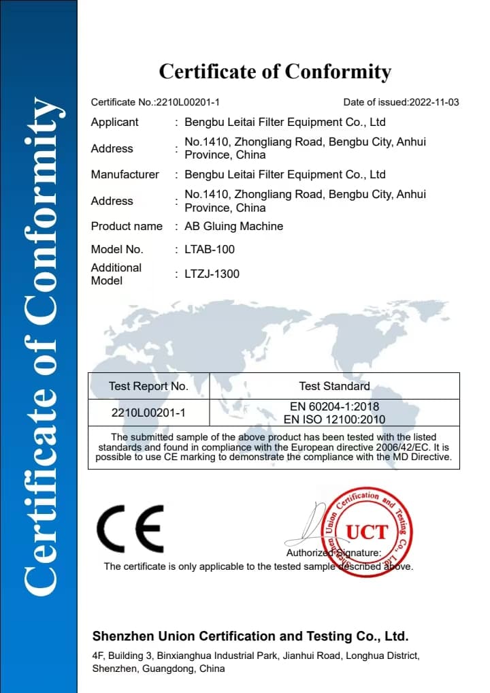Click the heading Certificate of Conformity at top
point(275,71)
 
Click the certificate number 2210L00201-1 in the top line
point(188,102)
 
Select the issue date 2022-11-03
point(434,102)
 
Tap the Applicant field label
point(114,123)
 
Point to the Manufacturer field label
point(125,175)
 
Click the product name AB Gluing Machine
point(233,227)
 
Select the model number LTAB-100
point(210,250)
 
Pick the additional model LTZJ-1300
point(212,274)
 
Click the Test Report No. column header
point(148,387)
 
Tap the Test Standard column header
point(334,387)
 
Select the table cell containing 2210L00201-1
point(148,413)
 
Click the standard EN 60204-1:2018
point(334,407)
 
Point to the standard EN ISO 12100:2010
point(334,419)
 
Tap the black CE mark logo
point(130,529)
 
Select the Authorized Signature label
point(333,553)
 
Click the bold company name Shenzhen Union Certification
point(250,637)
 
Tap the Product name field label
point(127,227)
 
